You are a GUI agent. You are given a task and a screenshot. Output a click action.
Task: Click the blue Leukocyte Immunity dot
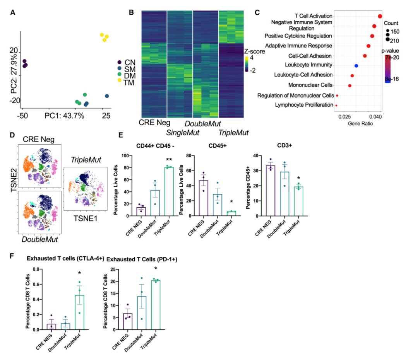click(356, 66)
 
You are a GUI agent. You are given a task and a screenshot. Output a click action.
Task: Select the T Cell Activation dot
click(380, 16)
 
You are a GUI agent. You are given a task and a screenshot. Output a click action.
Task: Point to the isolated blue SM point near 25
click(107, 96)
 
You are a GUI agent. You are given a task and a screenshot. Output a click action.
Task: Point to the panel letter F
click(12, 256)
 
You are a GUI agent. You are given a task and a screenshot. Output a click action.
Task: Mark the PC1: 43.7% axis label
click(64, 115)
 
